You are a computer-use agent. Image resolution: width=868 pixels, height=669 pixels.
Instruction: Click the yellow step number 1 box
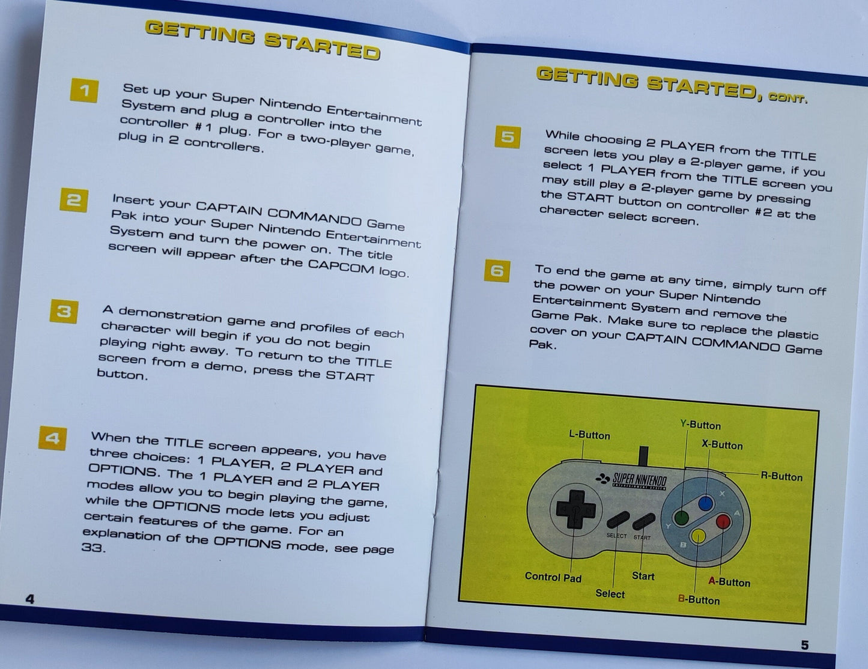tap(84, 91)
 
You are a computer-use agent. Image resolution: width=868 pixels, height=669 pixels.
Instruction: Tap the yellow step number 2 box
tap(74, 200)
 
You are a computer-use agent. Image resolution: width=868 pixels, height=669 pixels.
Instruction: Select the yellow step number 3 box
tap(64, 311)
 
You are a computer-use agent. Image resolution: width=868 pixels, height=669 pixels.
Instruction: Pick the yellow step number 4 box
tap(53, 438)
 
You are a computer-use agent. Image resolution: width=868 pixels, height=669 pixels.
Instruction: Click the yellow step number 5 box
tap(508, 137)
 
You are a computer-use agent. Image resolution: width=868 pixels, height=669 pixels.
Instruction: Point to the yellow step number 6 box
tap(497, 271)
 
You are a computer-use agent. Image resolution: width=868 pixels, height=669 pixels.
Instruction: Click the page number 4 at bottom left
tap(30, 599)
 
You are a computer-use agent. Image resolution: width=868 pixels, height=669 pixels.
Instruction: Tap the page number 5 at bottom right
tap(805, 646)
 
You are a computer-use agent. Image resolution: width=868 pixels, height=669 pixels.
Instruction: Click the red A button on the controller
tap(723, 521)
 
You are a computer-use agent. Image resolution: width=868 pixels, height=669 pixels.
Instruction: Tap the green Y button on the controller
tap(681, 518)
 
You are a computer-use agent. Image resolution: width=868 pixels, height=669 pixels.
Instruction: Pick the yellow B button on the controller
tap(698, 536)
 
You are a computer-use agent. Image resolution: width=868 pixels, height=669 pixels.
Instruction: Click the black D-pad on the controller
tap(575, 509)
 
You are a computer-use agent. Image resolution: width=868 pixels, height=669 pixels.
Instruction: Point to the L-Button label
tap(589, 435)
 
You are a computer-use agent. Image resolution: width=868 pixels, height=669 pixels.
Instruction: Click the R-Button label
tap(782, 477)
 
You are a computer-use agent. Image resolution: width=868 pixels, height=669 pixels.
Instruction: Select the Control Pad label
tap(553, 577)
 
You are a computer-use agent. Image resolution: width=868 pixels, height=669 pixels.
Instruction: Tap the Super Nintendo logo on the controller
tap(631, 480)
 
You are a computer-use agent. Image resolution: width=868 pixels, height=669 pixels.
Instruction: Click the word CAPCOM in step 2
tap(341, 267)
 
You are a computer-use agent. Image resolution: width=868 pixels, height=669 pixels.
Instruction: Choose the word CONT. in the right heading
tap(788, 98)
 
